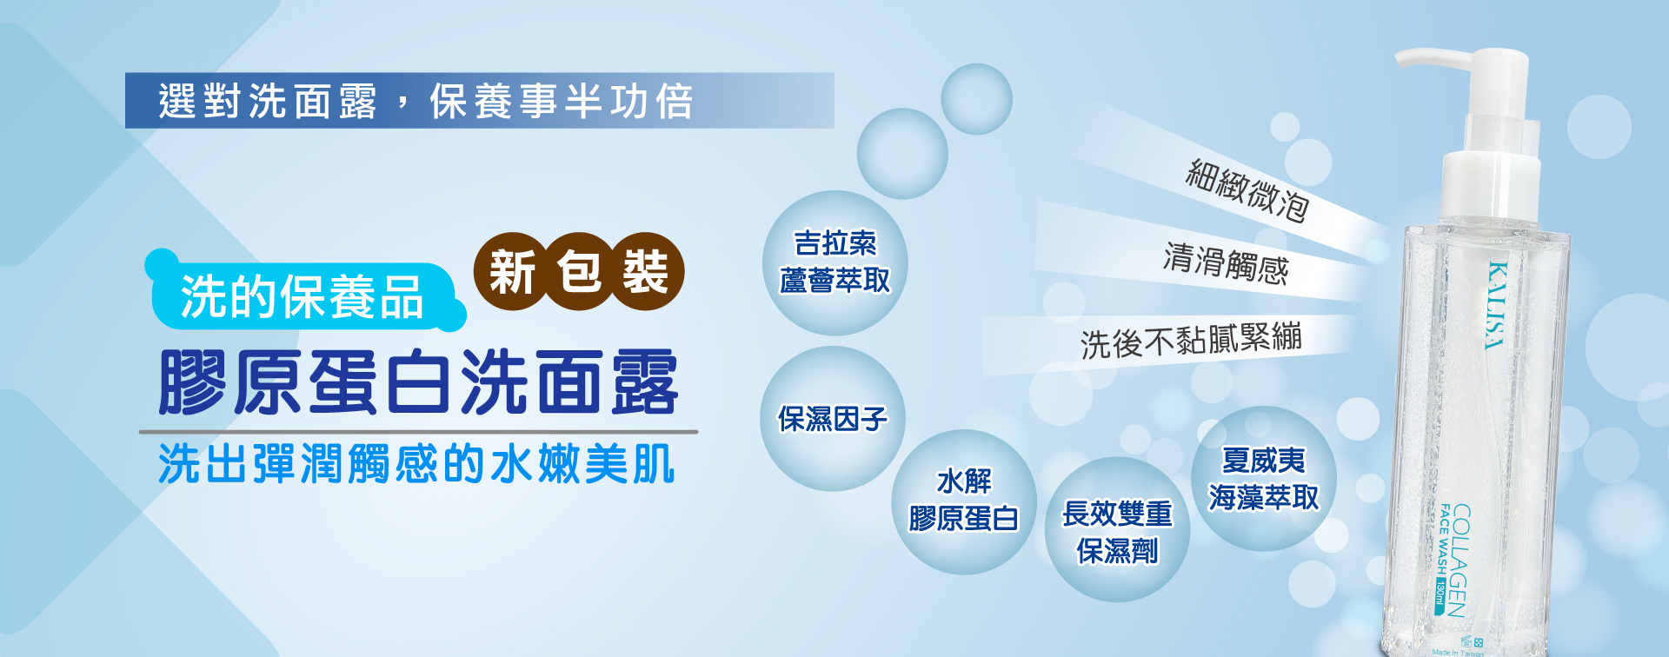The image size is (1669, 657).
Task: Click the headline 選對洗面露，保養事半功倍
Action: coord(426,101)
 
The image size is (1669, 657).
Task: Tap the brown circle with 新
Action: coord(513,272)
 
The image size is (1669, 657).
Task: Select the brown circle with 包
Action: coord(579,272)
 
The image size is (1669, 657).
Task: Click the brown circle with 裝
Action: coord(645,272)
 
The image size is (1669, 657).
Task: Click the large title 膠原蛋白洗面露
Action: coord(418,382)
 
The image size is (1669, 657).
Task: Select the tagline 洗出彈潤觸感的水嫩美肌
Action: coord(416,463)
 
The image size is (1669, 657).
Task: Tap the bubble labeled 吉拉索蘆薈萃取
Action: coord(835,262)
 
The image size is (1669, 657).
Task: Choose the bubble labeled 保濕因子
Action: coord(833,419)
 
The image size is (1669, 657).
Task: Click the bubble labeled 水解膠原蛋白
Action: coord(964,501)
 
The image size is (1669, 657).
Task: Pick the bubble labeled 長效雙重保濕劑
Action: coord(1117,529)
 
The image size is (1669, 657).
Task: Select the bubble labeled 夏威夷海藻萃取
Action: coord(1264,479)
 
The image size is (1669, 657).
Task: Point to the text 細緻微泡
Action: coord(1247,190)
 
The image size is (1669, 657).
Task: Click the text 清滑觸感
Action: coord(1226,264)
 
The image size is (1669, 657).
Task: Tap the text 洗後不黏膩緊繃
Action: coord(1191,340)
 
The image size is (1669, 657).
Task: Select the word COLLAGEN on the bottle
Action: coord(1460,560)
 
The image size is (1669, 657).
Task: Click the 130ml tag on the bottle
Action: coord(1440,595)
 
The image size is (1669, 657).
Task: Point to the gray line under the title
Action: coord(418,431)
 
